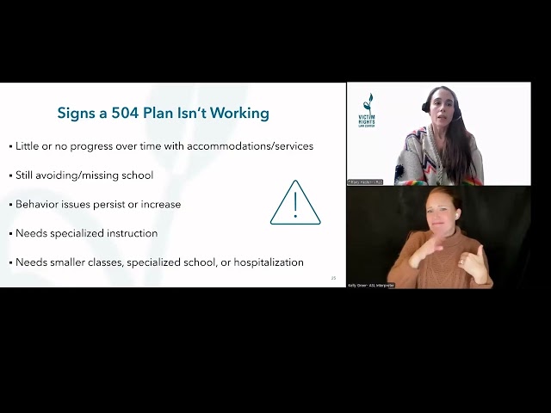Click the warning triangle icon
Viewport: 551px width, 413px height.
pyautogui.click(x=294, y=203)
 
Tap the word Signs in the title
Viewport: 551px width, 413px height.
pyautogui.click(x=77, y=113)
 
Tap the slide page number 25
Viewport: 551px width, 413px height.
pyautogui.click(x=333, y=278)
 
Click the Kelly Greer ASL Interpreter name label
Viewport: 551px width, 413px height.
pyautogui.click(x=371, y=285)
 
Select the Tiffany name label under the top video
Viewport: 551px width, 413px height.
pyautogui.click(x=364, y=182)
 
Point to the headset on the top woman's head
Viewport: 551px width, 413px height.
pyautogui.click(x=427, y=106)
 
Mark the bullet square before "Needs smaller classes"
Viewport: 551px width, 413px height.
pyautogui.click(x=11, y=263)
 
